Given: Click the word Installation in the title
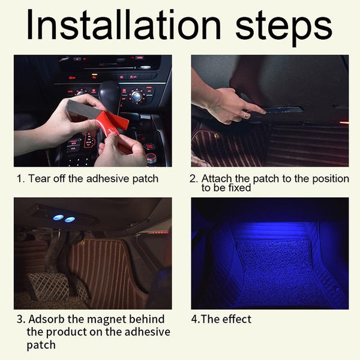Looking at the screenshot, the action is pyautogui.click(x=124, y=25).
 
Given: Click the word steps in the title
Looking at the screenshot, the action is pyautogui.click(x=284, y=28).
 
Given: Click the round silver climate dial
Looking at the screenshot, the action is pyautogui.click(x=137, y=95).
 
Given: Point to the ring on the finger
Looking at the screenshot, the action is pyautogui.click(x=247, y=115).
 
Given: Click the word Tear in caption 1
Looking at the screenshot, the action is pyautogui.click(x=35, y=179).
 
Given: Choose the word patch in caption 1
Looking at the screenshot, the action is pyautogui.click(x=145, y=179).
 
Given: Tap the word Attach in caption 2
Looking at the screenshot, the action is pyautogui.click(x=217, y=179).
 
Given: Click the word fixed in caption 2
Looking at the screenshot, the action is pyautogui.click(x=239, y=188).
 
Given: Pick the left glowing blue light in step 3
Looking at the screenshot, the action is pyautogui.click(x=58, y=217).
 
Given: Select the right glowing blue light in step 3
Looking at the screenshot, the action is pyautogui.click(x=70, y=220).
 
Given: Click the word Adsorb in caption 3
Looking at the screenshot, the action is pyautogui.click(x=47, y=319).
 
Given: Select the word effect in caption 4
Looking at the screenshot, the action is pyautogui.click(x=237, y=319).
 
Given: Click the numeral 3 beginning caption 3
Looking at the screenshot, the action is pyautogui.click(x=20, y=319).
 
